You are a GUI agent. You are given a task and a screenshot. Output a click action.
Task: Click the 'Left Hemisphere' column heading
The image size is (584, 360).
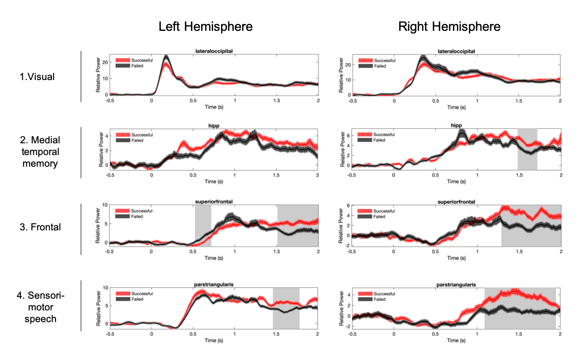[x=205, y=27]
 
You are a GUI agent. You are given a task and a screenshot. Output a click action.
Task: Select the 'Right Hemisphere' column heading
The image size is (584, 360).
[x=449, y=27]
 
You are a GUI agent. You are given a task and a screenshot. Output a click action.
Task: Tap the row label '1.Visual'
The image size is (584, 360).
[x=37, y=77]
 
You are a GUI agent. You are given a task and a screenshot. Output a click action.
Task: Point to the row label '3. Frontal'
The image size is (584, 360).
[x=40, y=227]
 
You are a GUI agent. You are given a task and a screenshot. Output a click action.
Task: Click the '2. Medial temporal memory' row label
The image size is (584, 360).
[x=40, y=152]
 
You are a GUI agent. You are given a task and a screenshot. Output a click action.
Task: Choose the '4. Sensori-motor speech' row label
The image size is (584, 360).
[x=40, y=307]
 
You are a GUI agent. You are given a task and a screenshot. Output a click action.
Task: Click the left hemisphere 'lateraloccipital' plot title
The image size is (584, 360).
[x=214, y=51]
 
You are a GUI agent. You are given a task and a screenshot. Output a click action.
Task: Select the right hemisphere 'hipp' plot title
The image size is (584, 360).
[x=456, y=125]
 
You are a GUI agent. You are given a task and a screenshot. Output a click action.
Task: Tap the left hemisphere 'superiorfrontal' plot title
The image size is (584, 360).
[x=214, y=202]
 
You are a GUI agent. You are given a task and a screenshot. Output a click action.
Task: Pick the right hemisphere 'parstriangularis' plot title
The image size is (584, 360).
[x=456, y=285]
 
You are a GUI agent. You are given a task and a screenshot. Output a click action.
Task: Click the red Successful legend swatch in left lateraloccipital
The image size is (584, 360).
[x=123, y=61]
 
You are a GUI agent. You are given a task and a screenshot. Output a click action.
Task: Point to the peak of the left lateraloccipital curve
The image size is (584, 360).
[x=166, y=57]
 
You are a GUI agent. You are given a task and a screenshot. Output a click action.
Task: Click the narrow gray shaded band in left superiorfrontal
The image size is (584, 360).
[x=203, y=225]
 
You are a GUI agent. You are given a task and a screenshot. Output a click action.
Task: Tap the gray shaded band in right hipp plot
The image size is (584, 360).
[x=527, y=149]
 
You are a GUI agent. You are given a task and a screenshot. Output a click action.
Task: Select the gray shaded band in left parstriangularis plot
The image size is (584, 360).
[x=286, y=308]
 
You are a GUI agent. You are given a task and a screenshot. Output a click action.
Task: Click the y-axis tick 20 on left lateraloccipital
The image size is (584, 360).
[x=105, y=62]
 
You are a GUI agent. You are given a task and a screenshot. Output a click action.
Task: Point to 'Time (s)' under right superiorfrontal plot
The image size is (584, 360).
[x=456, y=258]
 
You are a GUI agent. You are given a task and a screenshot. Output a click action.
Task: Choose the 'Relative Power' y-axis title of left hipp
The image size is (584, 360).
[x=101, y=150]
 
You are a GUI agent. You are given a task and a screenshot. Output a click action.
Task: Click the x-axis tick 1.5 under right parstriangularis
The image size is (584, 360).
[x=518, y=334]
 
